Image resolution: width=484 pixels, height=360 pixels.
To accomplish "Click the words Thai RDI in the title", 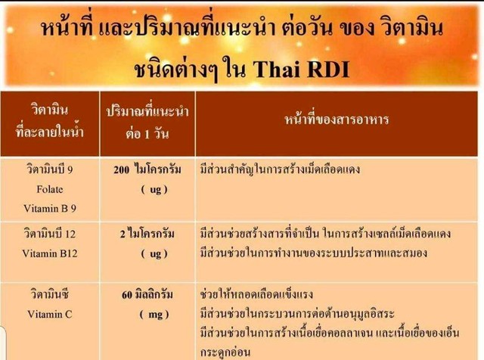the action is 302,69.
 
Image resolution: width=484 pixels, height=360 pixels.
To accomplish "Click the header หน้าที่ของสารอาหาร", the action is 337,119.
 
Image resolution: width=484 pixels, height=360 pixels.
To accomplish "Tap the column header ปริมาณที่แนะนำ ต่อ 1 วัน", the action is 147,123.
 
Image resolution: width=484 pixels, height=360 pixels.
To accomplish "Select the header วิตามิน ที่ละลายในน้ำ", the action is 50,121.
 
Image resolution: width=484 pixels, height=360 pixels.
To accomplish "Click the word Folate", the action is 50,189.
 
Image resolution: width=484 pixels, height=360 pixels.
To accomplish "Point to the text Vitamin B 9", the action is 50,209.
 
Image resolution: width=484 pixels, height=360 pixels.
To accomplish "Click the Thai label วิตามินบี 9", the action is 50,169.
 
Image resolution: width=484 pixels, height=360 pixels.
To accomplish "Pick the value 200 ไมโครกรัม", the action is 147,169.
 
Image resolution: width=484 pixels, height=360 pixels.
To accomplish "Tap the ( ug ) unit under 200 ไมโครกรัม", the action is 154,189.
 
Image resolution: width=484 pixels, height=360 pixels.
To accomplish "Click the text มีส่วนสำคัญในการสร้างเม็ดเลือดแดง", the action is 280,169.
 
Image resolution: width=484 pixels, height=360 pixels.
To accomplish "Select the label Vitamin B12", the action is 50,253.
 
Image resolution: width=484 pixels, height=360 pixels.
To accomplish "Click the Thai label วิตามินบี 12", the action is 50,234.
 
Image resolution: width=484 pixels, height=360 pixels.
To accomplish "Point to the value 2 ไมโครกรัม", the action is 147,234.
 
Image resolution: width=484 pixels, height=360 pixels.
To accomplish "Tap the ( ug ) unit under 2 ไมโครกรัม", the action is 154,254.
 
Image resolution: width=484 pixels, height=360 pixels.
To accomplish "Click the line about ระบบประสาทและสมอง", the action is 314,253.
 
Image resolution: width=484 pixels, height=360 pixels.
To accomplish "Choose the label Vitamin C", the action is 50,315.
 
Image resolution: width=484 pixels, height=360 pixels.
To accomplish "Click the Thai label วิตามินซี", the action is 50,294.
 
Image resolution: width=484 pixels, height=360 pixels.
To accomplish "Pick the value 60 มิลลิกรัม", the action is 147,294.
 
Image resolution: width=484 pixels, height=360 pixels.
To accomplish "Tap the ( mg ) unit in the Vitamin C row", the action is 154,315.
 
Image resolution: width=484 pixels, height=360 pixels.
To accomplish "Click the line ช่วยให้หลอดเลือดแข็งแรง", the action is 256,293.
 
